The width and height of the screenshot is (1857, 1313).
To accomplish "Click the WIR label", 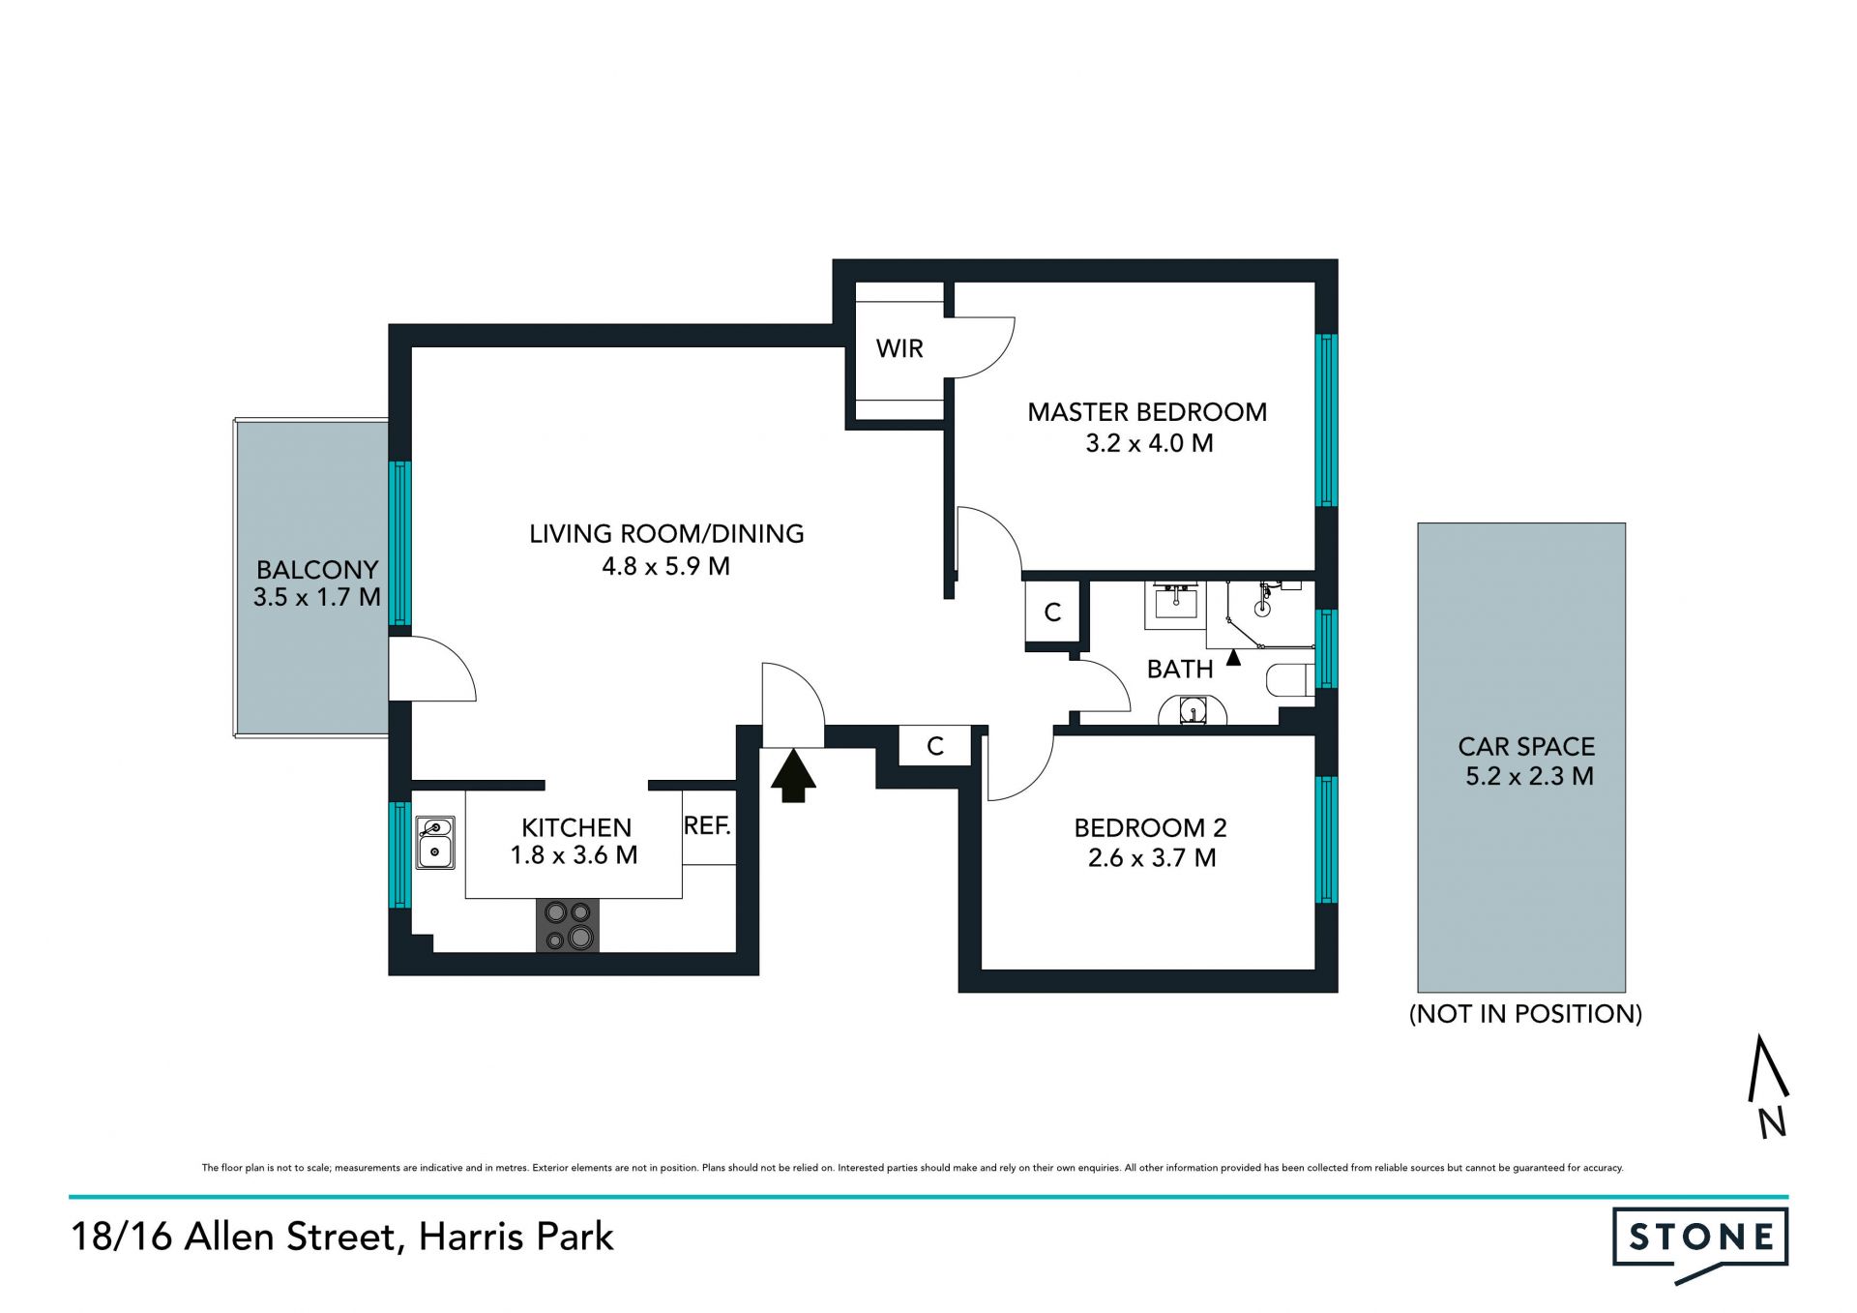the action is click(899, 348).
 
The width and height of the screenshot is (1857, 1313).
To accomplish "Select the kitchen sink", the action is click(435, 842).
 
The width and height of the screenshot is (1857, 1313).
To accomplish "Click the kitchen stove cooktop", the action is click(568, 925).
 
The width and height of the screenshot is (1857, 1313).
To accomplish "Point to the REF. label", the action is click(707, 825).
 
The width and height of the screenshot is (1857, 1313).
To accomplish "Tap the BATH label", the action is click(1180, 669).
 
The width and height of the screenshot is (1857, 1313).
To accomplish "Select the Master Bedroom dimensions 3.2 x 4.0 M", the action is click(1149, 443).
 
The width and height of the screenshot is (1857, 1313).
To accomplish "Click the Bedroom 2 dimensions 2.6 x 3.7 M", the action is click(1152, 858).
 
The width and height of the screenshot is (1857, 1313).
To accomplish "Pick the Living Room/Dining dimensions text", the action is click(665, 566).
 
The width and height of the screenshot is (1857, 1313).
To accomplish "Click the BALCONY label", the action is click(317, 569).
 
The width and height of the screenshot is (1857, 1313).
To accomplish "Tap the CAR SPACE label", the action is click(1526, 746).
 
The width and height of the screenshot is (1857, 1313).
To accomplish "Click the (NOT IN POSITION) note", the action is click(1525, 1013).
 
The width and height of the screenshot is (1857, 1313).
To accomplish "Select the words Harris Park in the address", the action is click(516, 1237).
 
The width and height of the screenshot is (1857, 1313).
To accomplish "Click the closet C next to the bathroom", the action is click(1052, 612).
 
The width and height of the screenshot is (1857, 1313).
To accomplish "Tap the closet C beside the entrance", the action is click(935, 746).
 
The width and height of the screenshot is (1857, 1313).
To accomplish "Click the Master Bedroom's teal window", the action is click(1326, 420).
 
